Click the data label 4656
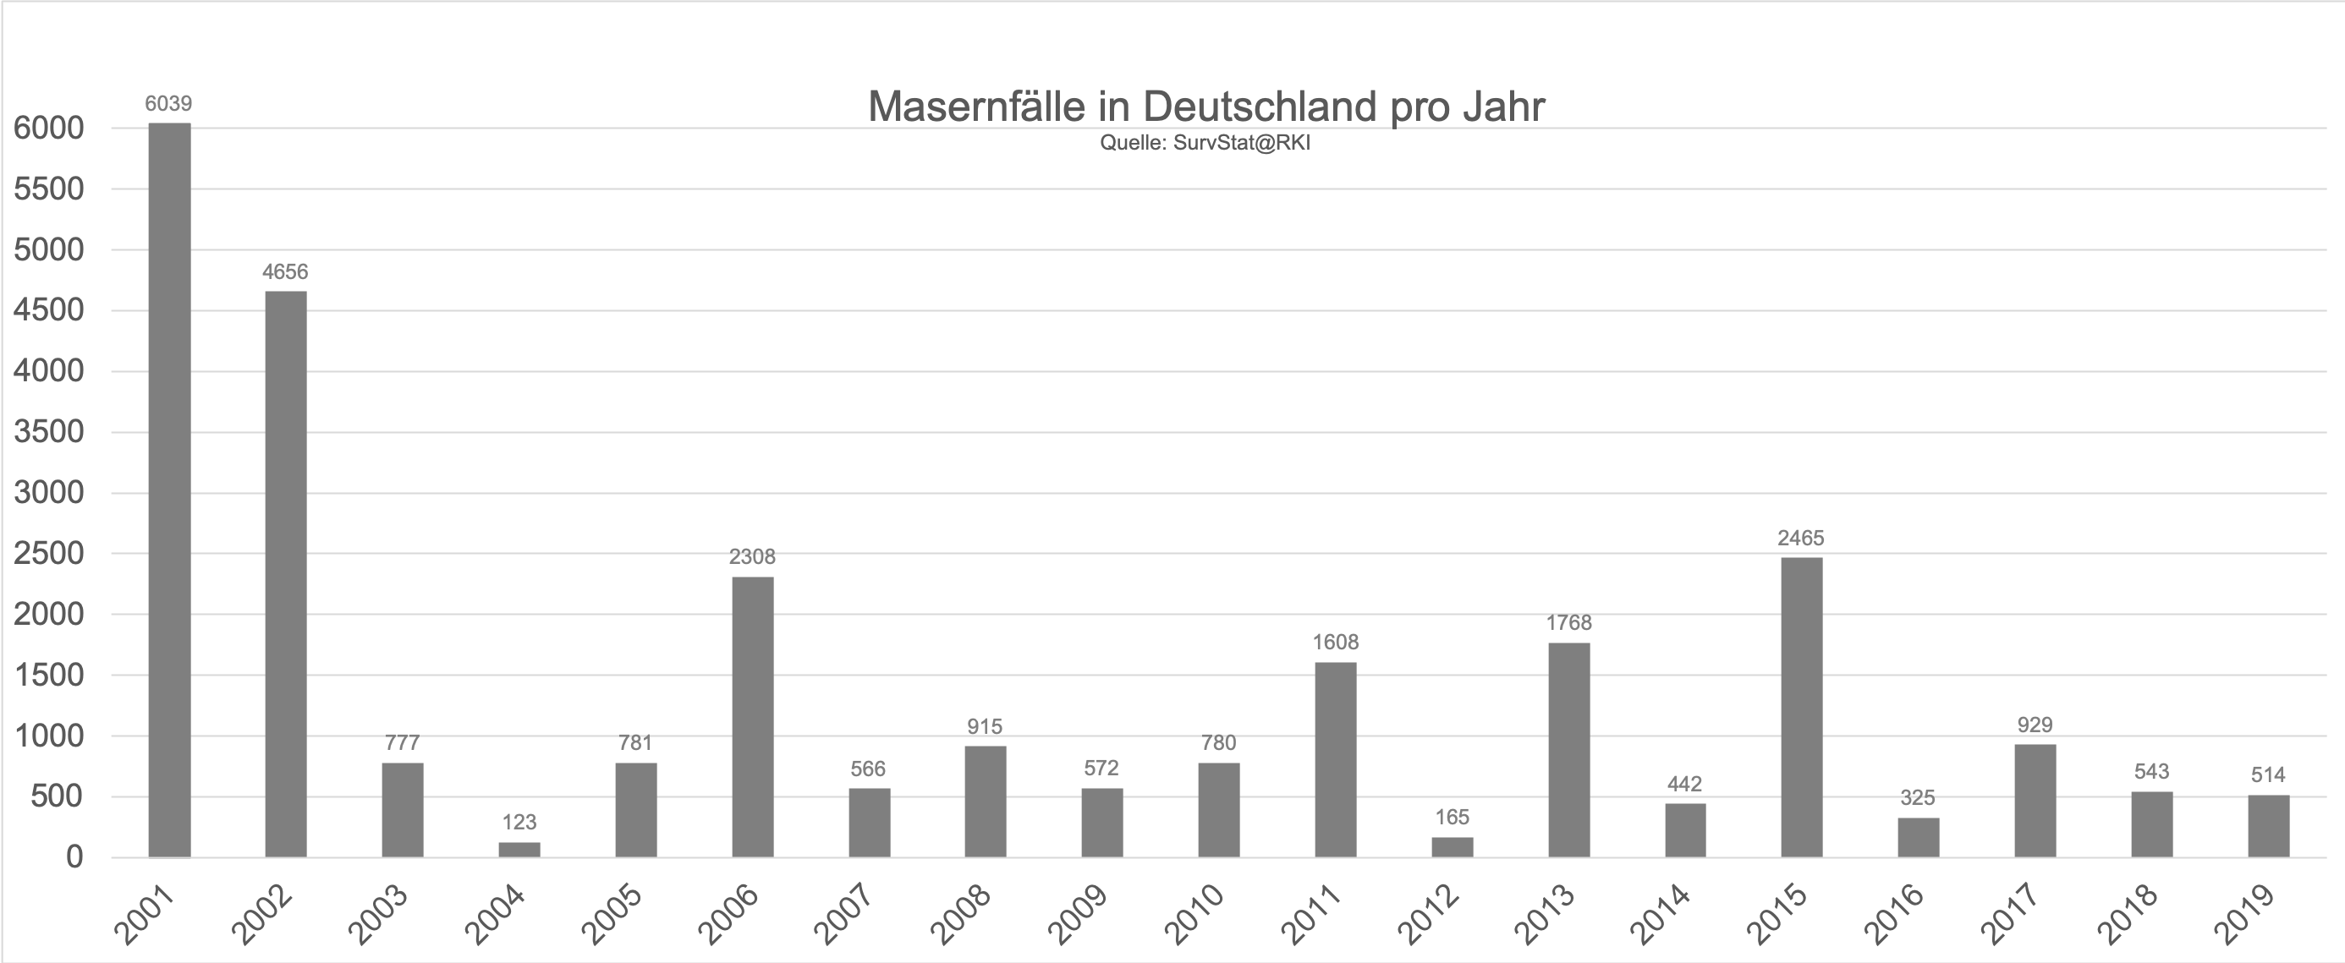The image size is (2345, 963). tap(285, 271)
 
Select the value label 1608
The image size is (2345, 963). tap(1335, 643)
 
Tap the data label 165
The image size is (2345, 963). tap(1452, 817)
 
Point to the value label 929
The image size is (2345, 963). tap(2035, 725)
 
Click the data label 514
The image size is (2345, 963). tap(2268, 774)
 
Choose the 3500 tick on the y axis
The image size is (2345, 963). tap(49, 431)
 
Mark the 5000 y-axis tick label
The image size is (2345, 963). tap(49, 249)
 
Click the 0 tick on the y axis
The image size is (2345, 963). tap(74, 856)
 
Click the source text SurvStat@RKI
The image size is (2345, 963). tap(1242, 143)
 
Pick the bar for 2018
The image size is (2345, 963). tap(2151, 823)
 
